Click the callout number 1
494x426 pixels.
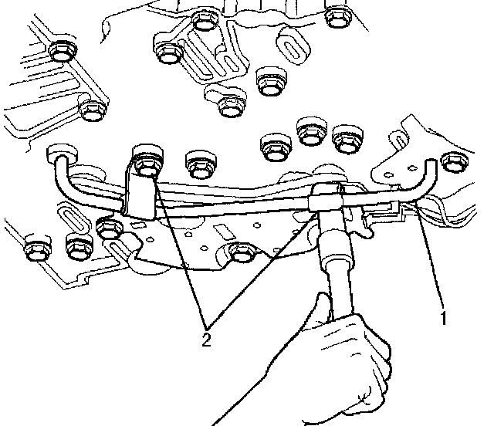(x=444, y=318)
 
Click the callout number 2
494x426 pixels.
(x=206, y=340)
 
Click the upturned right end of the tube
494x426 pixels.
(x=429, y=177)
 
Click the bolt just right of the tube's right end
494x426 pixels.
(x=455, y=161)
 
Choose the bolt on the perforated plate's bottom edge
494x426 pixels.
(x=242, y=252)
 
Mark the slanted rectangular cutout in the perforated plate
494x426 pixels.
(x=225, y=232)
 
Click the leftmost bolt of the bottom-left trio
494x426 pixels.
(x=38, y=247)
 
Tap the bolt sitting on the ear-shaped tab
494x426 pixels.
(x=230, y=106)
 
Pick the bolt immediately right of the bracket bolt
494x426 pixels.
(x=201, y=164)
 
